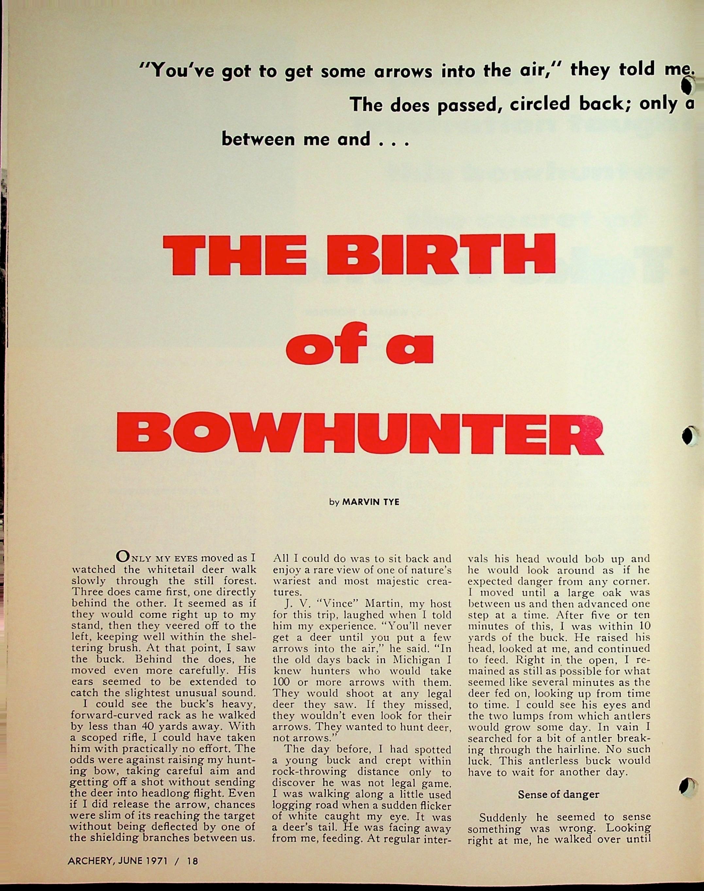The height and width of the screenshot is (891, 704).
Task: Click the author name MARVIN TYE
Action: [x=370, y=502]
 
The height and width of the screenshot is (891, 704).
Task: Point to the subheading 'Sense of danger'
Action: [x=558, y=794]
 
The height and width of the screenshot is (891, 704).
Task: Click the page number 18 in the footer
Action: [x=192, y=861]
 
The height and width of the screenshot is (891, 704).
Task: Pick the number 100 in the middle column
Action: [x=282, y=682]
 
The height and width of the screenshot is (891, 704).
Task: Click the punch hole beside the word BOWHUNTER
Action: [x=688, y=436]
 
